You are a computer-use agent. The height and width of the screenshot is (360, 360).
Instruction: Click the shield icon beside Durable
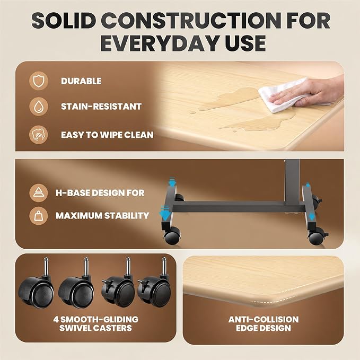(39, 81)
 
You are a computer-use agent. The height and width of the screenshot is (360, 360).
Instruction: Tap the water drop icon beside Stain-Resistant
(39, 107)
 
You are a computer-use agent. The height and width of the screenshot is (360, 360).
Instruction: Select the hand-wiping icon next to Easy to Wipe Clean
(39, 135)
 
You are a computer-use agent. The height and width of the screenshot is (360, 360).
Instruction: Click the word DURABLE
(81, 81)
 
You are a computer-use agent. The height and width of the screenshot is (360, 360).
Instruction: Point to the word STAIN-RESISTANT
(101, 107)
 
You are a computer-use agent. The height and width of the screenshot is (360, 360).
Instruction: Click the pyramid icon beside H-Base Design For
(39, 193)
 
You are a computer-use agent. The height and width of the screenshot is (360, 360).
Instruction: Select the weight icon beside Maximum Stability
(39, 216)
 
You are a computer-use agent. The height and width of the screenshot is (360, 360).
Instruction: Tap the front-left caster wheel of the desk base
(172, 236)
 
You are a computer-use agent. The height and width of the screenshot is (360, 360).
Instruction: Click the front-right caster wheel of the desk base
(317, 236)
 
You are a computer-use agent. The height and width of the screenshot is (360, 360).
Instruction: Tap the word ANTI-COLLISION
(264, 319)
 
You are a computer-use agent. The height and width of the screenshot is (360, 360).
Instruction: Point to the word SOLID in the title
(64, 21)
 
